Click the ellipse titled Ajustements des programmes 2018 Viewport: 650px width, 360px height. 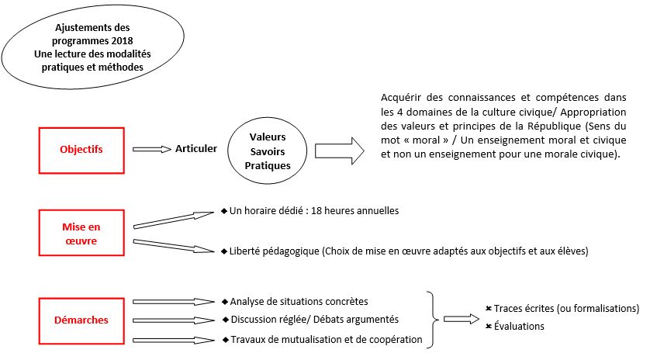pos(92,47)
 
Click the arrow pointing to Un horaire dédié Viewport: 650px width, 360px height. pos(175,219)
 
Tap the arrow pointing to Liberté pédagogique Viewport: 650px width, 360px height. pos(175,245)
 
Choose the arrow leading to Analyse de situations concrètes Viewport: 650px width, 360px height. pos(175,301)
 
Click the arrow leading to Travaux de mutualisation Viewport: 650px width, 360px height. pos(175,338)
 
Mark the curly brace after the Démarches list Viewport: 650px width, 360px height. pos(433,319)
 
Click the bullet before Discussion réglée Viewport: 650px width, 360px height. pos(225,319)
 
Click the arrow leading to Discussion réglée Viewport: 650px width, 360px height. pos(175,320)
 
